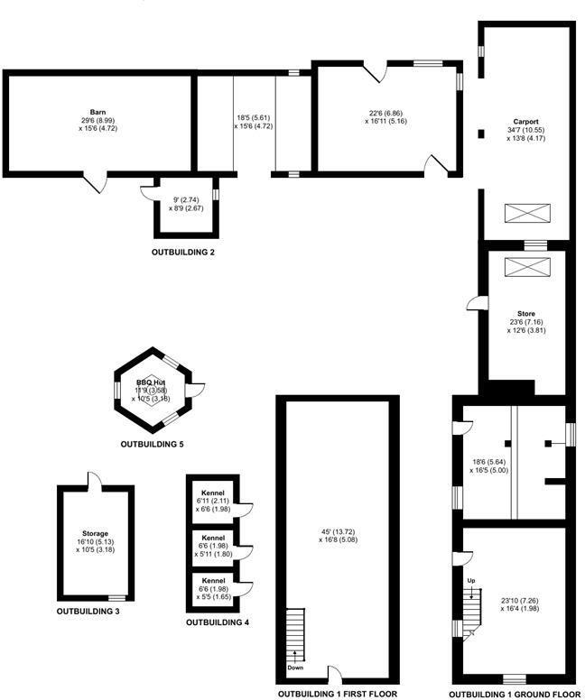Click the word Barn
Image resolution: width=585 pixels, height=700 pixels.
tap(98, 110)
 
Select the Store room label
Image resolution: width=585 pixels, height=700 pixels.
tap(525, 314)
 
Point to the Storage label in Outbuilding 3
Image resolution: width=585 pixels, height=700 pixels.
tap(95, 533)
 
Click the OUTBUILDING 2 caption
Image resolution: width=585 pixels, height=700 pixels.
tap(183, 252)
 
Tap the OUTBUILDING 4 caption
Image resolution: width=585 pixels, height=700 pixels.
tap(218, 622)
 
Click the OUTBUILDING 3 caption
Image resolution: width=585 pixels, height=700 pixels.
tap(88, 612)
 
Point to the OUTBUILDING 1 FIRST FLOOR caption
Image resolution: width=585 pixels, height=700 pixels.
tap(337, 694)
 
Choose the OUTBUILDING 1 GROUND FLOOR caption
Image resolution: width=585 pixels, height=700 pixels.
tap(513, 694)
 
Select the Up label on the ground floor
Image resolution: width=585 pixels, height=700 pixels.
tap(470, 580)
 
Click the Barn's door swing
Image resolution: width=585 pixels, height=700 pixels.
tap(93, 183)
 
